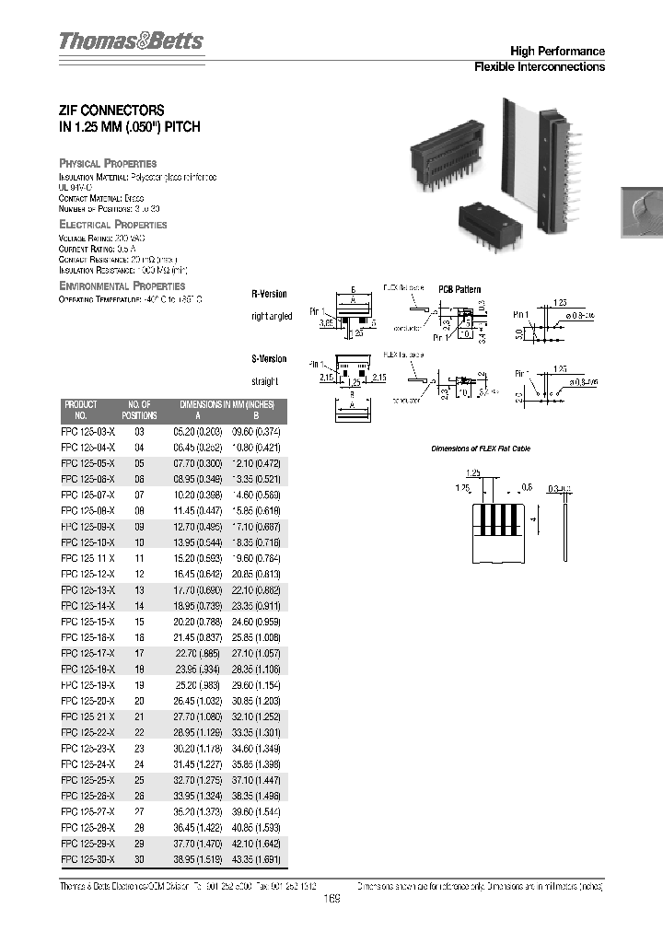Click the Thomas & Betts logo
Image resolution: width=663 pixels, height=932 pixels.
(x=131, y=41)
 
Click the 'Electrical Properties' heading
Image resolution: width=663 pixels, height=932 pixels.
(x=112, y=225)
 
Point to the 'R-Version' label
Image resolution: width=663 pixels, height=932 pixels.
(x=270, y=294)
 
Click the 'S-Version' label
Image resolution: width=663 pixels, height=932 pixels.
(x=270, y=359)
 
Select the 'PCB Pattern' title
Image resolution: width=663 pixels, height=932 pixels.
(x=459, y=289)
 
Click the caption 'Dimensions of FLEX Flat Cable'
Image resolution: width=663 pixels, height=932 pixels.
(x=482, y=449)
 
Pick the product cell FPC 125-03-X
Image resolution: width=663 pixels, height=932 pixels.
(x=88, y=431)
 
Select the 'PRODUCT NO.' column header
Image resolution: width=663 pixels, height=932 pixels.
(x=80, y=410)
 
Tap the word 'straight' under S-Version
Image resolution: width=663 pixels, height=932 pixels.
(x=264, y=380)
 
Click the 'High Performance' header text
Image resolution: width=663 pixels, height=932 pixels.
(x=557, y=52)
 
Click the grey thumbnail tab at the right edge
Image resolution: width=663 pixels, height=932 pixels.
(x=642, y=214)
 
